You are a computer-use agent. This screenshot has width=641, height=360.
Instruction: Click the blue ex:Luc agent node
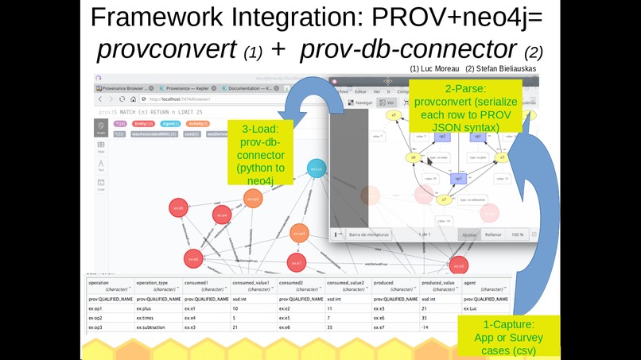(317, 169)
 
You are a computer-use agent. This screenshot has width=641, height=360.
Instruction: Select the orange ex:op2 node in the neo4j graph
(252, 199)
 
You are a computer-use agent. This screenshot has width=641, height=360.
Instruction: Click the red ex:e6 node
(192, 259)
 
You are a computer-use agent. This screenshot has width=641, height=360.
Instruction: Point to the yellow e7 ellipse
(443, 199)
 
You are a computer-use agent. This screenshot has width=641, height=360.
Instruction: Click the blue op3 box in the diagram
(458, 179)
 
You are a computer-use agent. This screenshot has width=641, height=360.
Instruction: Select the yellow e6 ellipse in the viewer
(414, 157)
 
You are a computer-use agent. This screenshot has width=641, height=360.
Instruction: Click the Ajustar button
(469, 234)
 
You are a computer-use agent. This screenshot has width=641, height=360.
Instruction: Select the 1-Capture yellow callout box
(509, 336)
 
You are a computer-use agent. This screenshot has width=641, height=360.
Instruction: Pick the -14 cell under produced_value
(426, 327)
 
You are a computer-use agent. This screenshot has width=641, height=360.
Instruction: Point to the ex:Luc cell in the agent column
(470, 307)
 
